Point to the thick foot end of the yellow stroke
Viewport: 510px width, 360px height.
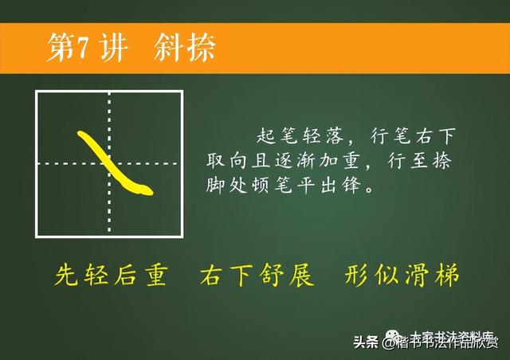pos(144,189)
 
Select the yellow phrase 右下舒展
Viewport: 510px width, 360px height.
pos(257,275)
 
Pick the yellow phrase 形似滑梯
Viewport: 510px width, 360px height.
pos(403,275)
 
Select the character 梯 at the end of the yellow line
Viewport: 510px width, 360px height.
pos(448,275)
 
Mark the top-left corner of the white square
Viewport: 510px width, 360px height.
pos(37,92)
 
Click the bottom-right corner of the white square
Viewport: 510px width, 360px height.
pos(182,236)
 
